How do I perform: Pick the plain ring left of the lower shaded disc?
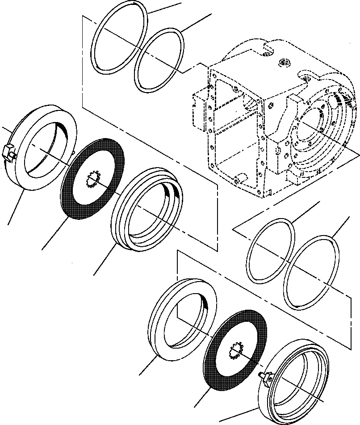point(159,331)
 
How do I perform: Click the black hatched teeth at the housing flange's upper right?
point(344,101)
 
